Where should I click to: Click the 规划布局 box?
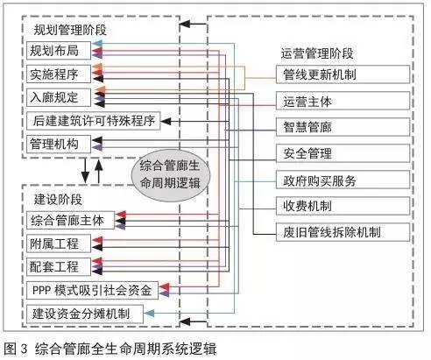point(59,51)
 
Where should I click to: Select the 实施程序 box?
point(59,74)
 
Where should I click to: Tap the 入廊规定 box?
point(59,97)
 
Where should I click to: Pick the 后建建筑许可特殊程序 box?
point(94,121)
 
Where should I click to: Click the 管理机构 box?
point(59,144)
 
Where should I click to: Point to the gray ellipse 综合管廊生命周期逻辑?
point(171,175)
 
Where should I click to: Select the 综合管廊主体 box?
point(70,220)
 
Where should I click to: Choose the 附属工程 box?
point(59,244)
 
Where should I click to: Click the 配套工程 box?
point(59,266)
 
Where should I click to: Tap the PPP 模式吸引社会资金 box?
point(92,290)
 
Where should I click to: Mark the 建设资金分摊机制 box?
point(85,314)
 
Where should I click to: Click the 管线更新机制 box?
point(343,74)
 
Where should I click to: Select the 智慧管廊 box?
point(343,127)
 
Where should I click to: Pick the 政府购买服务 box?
point(343,180)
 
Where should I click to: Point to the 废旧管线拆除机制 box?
point(343,232)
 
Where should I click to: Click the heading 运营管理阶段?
point(317,53)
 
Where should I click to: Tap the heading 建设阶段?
point(58,200)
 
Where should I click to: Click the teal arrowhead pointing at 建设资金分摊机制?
point(149,314)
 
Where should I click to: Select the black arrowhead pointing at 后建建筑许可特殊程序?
point(166,121)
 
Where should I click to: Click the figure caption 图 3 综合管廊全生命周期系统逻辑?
point(110,349)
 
